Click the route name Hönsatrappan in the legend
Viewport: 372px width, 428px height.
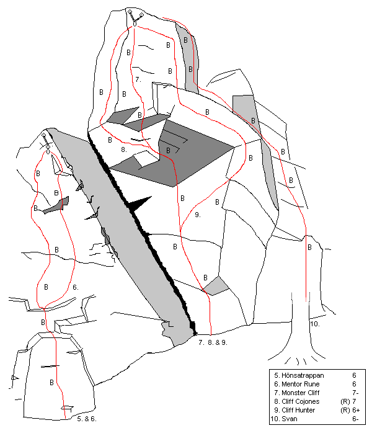pyautogui.click(x=303, y=376)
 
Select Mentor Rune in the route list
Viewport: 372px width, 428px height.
pyautogui.click(x=300, y=384)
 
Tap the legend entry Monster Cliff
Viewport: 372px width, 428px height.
pyautogui.click(x=300, y=393)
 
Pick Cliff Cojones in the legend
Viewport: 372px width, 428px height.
pyautogui.click(x=300, y=401)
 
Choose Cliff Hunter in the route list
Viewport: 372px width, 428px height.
pyautogui.click(x=298, y=410)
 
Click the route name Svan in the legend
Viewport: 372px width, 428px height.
pyautogui.click(x=290, y=419)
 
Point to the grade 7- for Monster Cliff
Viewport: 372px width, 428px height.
pyautogui.click(x=355, y=393)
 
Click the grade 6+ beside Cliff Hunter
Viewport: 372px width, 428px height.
pyautogui.click(x=356, y=410)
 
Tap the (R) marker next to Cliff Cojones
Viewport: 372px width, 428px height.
pyautogui.click(x=345, y=401)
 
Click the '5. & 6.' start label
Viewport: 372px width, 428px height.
pyautogui.click(x=87, y=419)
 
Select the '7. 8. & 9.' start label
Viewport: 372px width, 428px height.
pyautogui.click(x=213, y=342)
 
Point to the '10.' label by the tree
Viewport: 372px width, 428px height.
pyautogui.click(x=315, y=324)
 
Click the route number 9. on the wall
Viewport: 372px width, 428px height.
pyautogui.click(x=198, y=215)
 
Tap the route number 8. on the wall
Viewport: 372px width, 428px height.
pyautogui.click(x=124, y=149)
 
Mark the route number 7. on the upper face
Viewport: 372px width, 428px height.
pyautogui.click(x=138, y=79)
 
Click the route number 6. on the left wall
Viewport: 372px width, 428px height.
pyautogui.click(x=76, y=287)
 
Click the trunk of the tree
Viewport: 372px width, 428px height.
pyautogui.click(x=301, y=328)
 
